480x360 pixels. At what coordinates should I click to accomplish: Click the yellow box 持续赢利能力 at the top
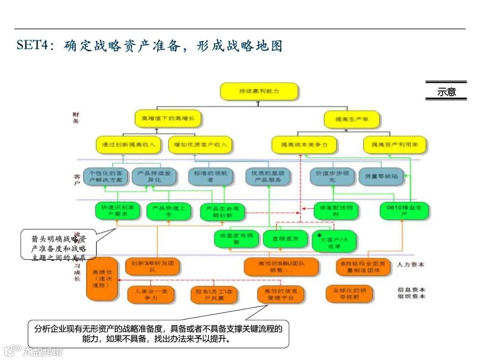click(x=259, y=91)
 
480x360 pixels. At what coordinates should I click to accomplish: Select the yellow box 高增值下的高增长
click(x=168, y=119)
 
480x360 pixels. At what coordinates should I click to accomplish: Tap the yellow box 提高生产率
click(x=352, y=119)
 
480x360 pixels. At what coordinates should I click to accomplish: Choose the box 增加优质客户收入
click(x=200, y=144)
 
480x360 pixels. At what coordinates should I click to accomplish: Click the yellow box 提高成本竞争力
click(x=304, y=145)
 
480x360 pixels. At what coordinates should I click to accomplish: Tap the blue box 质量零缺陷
click(x=378, y=176)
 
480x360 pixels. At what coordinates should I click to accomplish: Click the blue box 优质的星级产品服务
click(x=269, y=176)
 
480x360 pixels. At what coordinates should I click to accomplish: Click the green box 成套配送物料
click(x=336, y=211)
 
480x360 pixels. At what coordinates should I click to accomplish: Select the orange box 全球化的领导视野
click(x=349, y=294)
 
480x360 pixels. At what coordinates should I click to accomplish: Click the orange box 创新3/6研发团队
click(x=152, y=266)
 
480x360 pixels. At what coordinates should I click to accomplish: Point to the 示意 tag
click(x=446, y=92)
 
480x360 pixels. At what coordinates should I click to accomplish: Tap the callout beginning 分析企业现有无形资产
click(x=159, y=334)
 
